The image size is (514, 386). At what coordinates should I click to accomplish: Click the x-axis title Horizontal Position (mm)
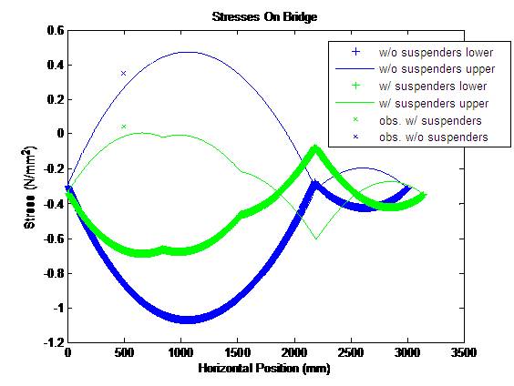point(264,370)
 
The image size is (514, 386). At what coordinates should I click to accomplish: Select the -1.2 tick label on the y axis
point(53,344)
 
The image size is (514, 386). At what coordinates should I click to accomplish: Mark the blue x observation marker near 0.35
point(123,73)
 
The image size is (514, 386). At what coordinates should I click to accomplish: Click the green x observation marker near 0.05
point(123,127)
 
